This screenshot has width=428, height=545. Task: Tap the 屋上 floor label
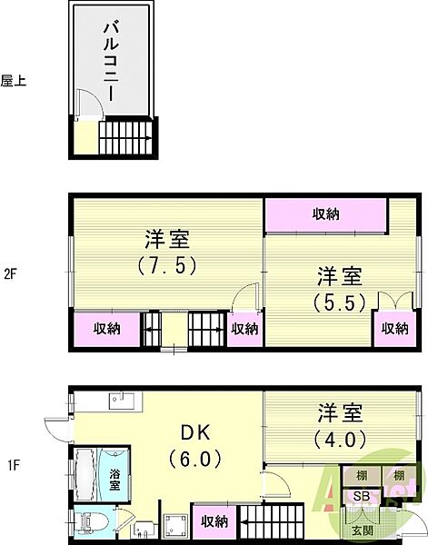pyautogui.click(x=14, y=81)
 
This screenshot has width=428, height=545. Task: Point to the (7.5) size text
pyautogui.click(x=167, y=267)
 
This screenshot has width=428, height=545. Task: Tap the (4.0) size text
pyautogui.click(x=340, y=439)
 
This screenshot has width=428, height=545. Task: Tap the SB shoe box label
pyautogui.click(x=362, y=495)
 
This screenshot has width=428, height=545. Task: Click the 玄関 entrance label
pyautogui.click(x=362, y=529)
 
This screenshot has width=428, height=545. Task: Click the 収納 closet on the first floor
pyautogui.click(x=214, y=521)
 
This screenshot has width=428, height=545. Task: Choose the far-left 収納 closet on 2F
pyautogui.click(x=106, y=328)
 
